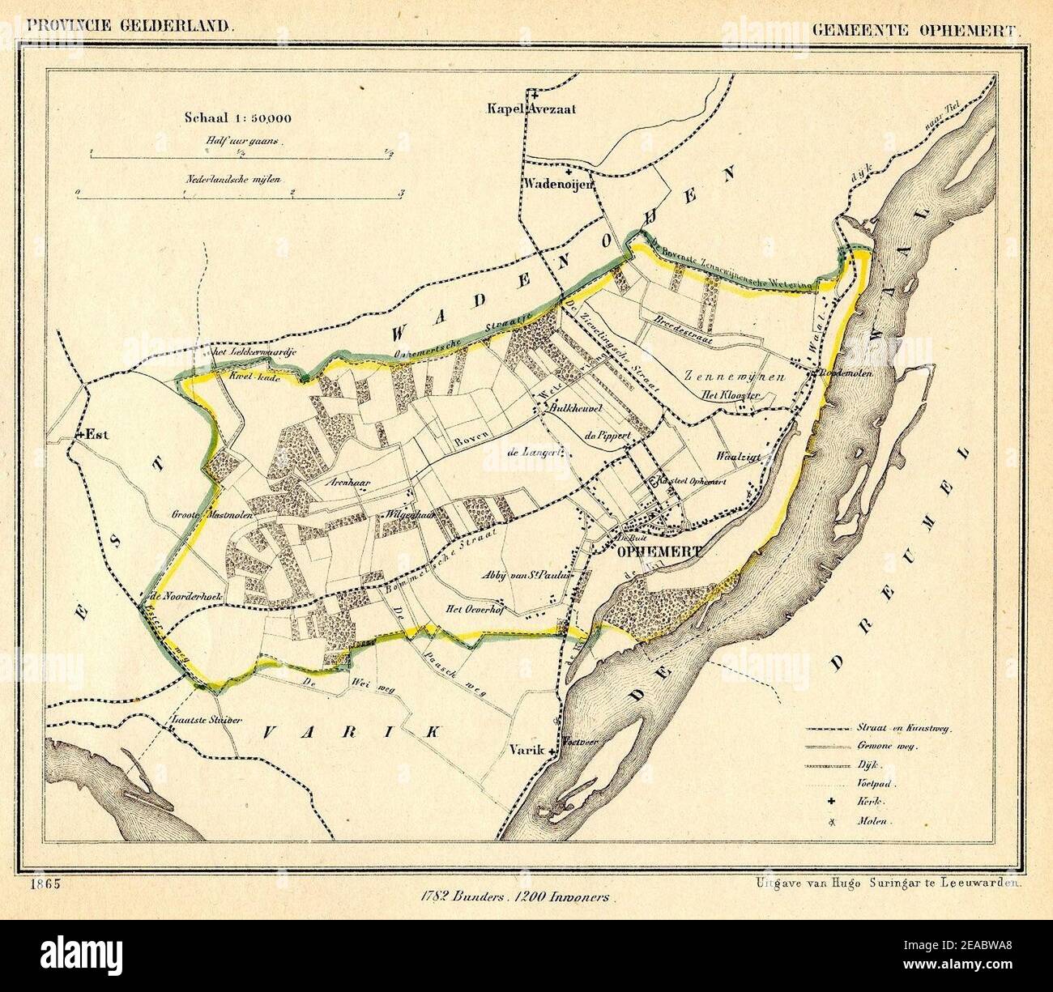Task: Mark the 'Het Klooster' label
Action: pos(730,395)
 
